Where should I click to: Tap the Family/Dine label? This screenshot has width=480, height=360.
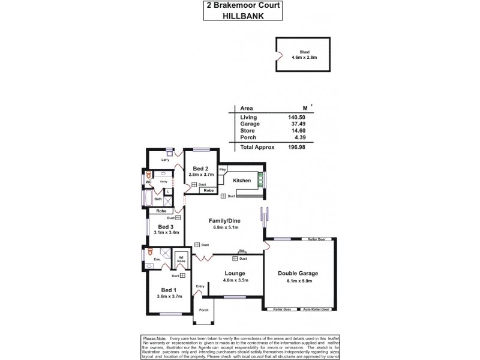[223, 221]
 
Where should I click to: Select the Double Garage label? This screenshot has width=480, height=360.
[298, 273]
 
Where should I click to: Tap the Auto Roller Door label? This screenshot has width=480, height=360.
[317, 310]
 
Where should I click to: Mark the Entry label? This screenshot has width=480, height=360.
[200, 286]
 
